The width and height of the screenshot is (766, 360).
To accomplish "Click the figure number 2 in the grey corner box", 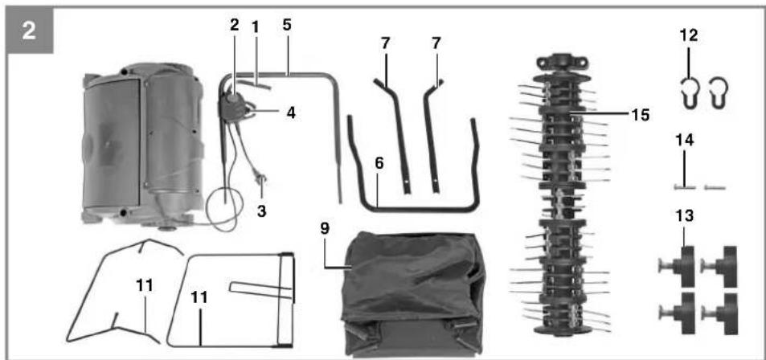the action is click(29, 31).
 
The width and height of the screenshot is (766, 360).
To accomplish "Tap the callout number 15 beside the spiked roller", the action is click(640, 115).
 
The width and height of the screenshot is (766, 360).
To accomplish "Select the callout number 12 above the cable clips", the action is click(688, 35).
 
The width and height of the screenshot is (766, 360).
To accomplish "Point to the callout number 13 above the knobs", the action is click(685, 215).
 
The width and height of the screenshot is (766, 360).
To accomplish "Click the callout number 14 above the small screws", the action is click(685, 141).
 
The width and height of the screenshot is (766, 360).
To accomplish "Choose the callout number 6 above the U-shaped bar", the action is click(379, 164).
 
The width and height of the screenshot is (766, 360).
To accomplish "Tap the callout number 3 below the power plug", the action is click(262, 211).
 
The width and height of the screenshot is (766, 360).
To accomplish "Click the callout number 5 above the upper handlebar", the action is click(287, 25).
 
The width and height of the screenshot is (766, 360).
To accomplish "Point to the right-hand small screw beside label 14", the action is click(715, 187).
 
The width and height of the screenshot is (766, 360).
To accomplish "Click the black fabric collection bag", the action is click(413, 294).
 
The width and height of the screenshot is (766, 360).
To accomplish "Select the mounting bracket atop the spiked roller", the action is click(563, 63).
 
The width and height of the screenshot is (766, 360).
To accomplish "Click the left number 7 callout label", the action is click(386, 43).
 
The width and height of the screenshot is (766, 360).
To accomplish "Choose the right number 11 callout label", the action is click(199, 297).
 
